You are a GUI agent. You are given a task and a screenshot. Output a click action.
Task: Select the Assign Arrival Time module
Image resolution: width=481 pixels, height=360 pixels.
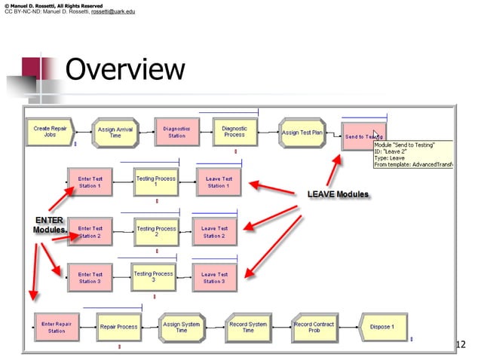click(x=115, y=133)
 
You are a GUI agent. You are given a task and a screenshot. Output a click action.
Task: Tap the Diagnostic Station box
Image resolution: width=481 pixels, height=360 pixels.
click(x=176, y=132)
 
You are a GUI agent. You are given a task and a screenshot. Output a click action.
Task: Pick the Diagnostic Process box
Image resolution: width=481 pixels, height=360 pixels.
click(x=234, y=131)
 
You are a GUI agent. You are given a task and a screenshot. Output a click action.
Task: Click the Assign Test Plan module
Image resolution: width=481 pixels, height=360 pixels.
click(x=302, y=132)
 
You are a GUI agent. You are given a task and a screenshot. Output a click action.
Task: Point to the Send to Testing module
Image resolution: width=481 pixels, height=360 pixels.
click(x=362, y=136)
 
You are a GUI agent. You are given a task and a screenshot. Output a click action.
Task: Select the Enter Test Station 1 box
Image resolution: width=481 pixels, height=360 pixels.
click(x=90, y=182)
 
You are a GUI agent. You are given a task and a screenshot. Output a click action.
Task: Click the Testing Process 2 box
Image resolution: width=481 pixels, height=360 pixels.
click(x=156, y=231)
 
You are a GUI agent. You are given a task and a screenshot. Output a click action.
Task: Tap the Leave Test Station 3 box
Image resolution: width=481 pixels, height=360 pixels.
click(x=214, y=277)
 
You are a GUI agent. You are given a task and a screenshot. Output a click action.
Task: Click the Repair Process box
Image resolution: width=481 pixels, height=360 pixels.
click(x=119, y=327)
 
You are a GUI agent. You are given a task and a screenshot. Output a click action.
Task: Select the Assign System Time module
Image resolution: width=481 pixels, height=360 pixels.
click(x=182, y=327)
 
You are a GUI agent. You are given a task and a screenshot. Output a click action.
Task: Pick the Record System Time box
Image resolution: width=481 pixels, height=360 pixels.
click(x=248, y=327)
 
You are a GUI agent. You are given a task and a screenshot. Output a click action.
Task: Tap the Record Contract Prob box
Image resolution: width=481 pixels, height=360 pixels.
click(x=313, y=327)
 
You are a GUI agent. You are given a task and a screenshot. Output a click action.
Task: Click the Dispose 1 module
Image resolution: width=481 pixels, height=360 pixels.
click(x=383, y=327)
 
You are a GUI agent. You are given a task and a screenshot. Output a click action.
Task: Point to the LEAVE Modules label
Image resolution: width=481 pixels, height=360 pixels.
click(x=338, y=194)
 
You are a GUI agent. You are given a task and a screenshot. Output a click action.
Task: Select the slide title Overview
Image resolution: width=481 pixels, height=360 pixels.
click(x=124, y=70)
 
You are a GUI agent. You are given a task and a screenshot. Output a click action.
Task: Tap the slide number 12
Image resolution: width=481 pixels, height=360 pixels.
click(x=461, y=345)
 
